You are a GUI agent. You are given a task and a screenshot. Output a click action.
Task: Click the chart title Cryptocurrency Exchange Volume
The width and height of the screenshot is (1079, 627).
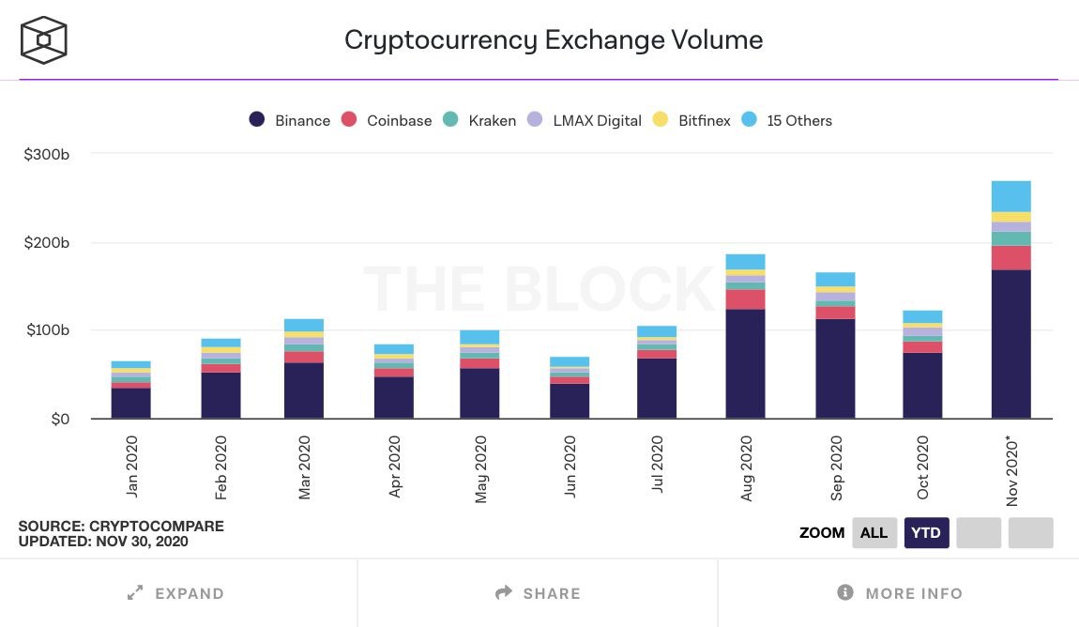[x=553, y=40]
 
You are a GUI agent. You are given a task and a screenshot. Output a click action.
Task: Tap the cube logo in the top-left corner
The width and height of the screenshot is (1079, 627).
[x=43, y=39]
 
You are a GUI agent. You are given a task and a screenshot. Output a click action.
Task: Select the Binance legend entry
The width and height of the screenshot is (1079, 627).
[x=289, y=120]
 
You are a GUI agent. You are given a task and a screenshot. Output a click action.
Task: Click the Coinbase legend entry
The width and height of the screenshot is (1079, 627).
[x=387, y=120]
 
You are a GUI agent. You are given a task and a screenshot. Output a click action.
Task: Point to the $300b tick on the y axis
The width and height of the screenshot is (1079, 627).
[x=47, y=154]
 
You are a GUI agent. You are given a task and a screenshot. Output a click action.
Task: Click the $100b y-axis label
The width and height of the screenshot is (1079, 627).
[x=47, y=330]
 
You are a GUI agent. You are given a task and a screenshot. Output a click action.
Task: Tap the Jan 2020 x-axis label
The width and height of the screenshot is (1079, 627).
[x=131, y=466]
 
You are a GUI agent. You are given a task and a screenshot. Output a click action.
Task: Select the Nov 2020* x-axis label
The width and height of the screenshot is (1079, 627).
[x=1012, y=469]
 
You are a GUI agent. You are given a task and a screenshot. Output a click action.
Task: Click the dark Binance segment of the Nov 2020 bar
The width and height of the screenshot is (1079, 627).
[x=1011, y=344]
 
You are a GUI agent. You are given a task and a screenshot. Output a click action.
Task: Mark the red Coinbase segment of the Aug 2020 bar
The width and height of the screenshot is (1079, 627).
[x=745, y=299]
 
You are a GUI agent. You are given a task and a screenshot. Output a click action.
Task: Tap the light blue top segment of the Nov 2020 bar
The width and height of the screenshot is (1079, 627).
[x=1011, y=196]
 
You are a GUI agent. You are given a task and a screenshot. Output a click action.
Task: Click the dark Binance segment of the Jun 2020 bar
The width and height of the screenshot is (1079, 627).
[x=570, y=401]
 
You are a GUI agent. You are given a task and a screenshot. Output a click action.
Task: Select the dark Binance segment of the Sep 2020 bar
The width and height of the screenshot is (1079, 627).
[x=835, y=368]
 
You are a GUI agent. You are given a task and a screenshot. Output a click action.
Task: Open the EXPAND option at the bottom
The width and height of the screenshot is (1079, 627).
[x=177, y=593]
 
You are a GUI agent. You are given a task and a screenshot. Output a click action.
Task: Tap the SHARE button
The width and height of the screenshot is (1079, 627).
[x=538, y=593]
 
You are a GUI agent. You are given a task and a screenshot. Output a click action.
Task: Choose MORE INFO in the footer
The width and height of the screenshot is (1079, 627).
[x=899, y=593]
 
